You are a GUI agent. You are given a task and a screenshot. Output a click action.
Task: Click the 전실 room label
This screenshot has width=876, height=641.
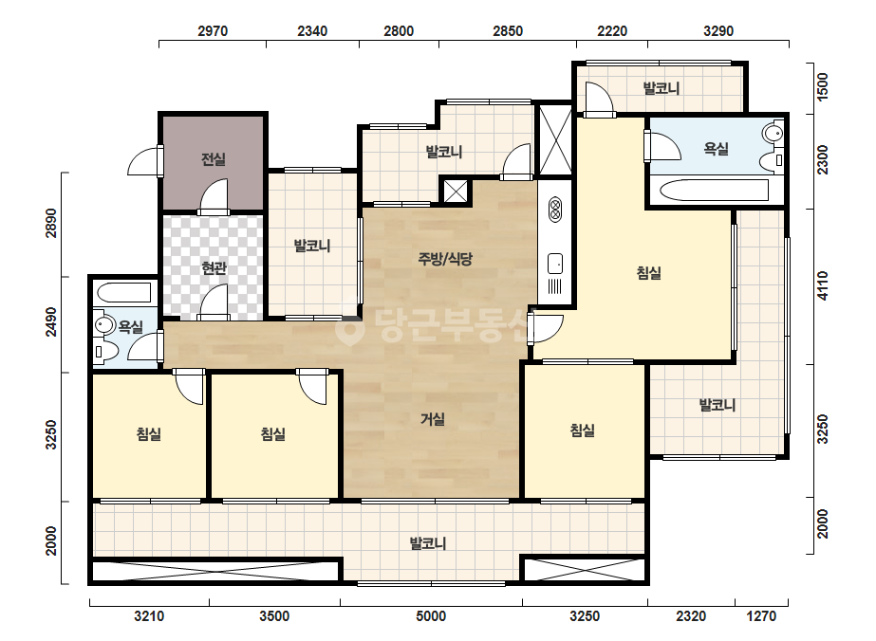click(x=214, y=159)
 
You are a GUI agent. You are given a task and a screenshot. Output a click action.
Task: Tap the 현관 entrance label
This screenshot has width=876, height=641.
click(x=214, y=268)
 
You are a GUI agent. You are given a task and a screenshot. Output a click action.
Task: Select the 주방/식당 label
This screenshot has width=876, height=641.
click(x=445, y=259)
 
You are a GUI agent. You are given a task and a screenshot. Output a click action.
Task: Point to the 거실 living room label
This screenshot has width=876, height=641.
click(x=433, y=419)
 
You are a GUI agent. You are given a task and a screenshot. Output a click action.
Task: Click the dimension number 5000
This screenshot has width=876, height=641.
click(x=431, y=616)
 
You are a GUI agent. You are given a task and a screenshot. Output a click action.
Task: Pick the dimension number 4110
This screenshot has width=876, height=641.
click(x=823, y=285)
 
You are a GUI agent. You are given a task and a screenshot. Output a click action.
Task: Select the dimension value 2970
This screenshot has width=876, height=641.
click(x=213, y=30)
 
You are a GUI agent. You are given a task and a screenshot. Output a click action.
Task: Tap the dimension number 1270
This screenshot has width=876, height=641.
click(x=761, y=616)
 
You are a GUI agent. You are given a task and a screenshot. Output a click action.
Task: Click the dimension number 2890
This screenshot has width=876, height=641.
click(x=51, y=223)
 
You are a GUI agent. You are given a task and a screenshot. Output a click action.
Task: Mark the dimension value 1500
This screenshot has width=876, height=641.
click(x=823, y=86)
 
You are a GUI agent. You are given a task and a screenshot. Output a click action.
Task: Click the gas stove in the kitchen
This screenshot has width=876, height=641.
click(x=555, y=210)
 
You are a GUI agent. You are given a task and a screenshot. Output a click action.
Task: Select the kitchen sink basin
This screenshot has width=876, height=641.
click(x=555, y=264)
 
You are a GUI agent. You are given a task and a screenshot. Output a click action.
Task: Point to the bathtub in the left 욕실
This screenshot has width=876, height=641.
click(x=124, y=293)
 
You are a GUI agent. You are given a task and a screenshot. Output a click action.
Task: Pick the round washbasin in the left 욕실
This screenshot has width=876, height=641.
click(x=103, y=324)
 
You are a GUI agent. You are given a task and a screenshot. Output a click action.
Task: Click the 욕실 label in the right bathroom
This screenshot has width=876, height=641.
click(x=716, y=149)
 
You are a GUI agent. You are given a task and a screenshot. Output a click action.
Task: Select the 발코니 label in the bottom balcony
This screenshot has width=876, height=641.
click(x=428, y=543)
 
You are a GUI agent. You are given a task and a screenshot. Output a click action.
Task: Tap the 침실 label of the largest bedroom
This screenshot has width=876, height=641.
click(x=648, y=272)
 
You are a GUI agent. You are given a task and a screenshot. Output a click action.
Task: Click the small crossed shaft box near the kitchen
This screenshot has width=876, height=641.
click(x=456, y=192)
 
